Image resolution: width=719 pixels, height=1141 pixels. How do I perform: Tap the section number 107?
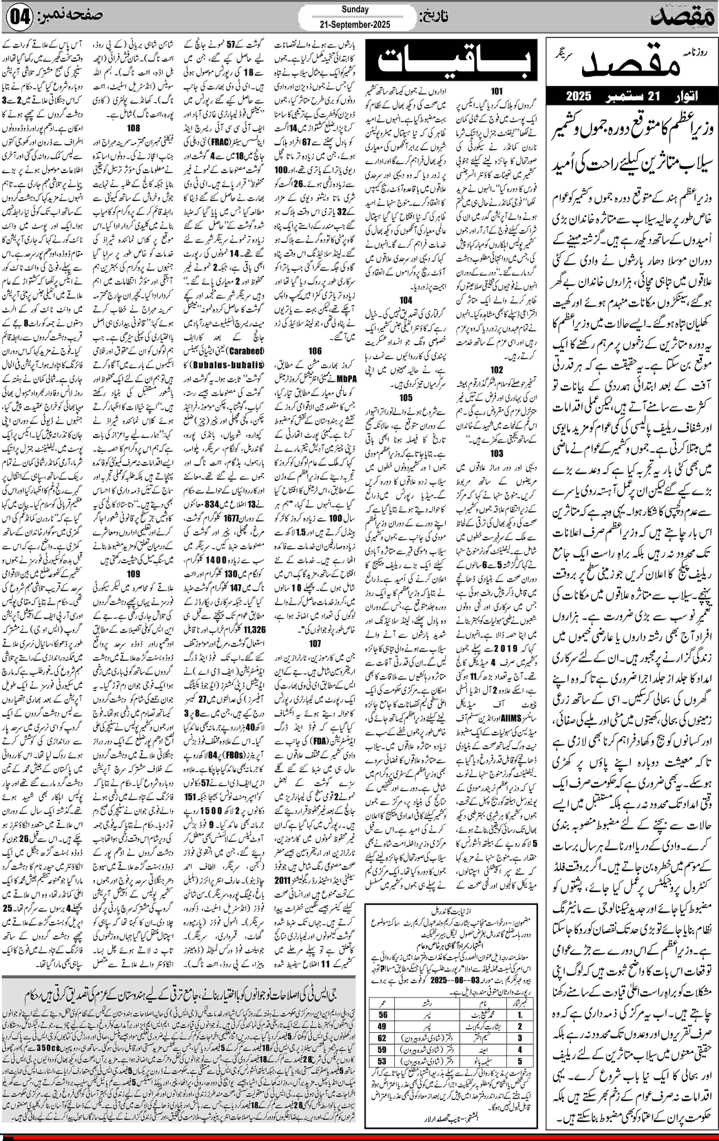pyautogui.click(x=315, y=643)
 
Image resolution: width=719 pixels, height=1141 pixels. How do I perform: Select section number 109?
pyautogui.click(x=134, y=574)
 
